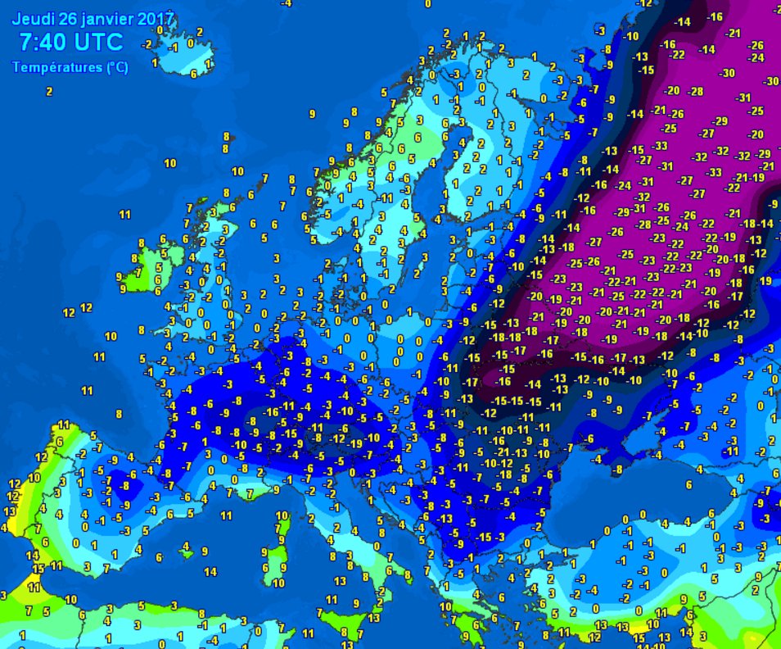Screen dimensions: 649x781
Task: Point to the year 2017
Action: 156,17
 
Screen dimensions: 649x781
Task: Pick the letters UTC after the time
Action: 99,43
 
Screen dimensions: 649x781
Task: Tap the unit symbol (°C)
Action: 117,68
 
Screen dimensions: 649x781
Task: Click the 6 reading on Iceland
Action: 194,74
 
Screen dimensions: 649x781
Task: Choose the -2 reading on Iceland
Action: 147,44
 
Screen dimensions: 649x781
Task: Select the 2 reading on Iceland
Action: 200,32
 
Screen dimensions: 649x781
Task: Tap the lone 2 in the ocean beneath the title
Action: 49,92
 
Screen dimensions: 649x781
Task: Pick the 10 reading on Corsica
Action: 281,515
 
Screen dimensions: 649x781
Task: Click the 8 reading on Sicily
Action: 345,633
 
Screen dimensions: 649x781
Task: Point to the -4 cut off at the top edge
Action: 285,3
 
